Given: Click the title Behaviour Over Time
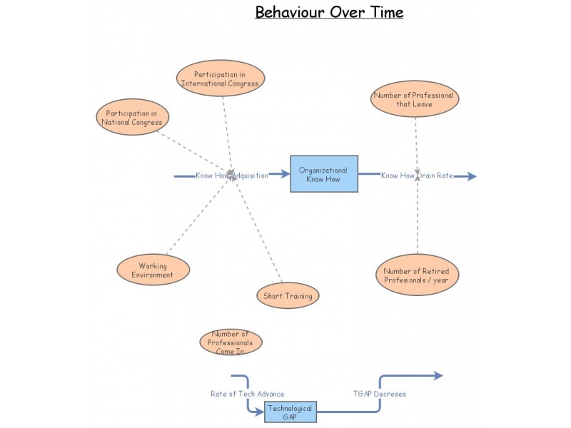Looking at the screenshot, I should pos(329,12).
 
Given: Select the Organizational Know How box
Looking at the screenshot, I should pos(323,174).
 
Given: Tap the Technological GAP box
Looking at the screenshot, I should pos(290,412).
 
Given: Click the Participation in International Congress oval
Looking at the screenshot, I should pos(220,78).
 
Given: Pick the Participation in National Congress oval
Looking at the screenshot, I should pos(132,117).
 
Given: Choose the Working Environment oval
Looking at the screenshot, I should pos(153,270).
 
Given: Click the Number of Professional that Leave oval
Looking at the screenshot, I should pos(413,99).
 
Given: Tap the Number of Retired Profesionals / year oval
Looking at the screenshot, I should pos(417,275).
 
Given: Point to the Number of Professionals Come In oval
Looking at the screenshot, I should pos(231,342).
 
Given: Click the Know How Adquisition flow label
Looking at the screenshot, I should pos(232,175).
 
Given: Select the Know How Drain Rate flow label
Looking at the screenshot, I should pos(417,175).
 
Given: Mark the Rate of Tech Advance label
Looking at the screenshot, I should pos(247,394).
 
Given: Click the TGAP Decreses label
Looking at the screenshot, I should pos(380,394).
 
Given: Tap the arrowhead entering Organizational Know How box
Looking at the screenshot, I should pos(285,174).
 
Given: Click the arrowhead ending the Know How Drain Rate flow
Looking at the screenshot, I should pos(471,176).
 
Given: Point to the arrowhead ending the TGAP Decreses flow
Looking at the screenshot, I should pos(438,376).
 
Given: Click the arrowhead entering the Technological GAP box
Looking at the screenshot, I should pos(260,411).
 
